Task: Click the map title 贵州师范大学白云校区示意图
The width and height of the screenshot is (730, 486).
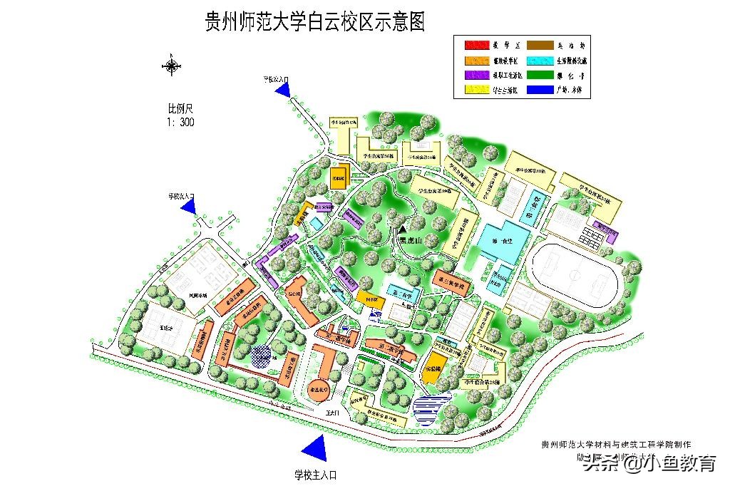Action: click(314, 21)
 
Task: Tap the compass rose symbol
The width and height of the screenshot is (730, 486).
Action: click(173, 67)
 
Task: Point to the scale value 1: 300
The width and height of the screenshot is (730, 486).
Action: click(180, 122)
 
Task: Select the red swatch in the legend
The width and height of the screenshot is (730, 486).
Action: click(478, 46)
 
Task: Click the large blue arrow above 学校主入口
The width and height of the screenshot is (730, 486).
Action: click(314, 447)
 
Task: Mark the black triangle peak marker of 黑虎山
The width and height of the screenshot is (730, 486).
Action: click(402, 229)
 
